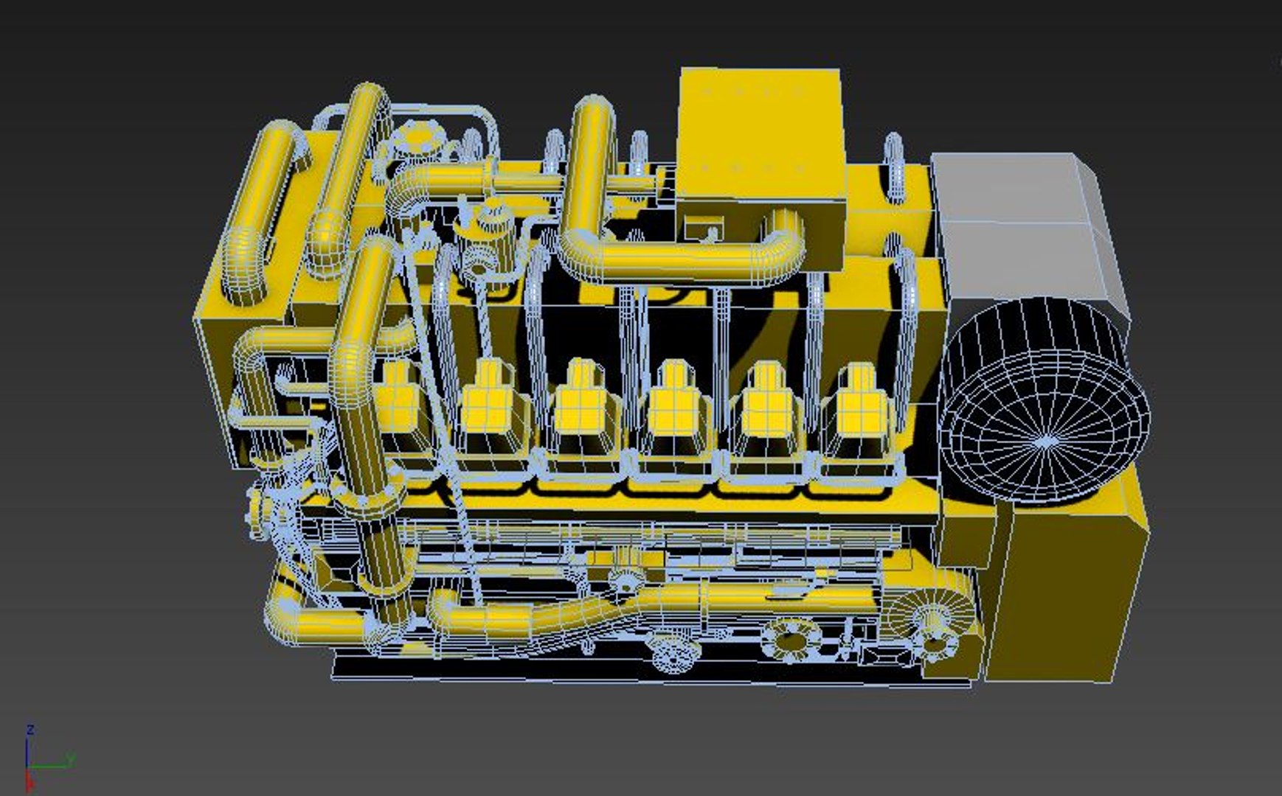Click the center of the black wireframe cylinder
tap(1046, 441)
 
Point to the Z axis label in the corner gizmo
tap(30, 730)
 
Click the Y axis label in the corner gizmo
tap(72, 758)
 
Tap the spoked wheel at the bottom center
tap(675, 653)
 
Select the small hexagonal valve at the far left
tap(256, 509)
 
